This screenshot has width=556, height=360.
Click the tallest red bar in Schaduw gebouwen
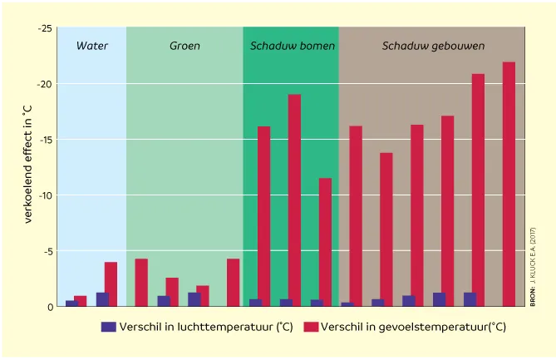[509, 184]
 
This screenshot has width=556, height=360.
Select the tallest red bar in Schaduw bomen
[294, 200]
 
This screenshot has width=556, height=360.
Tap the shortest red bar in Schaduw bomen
[325, 242]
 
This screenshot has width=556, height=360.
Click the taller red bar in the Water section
[111, 284]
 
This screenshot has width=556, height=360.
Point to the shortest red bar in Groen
[204, 296]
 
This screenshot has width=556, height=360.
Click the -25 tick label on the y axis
[45, 28]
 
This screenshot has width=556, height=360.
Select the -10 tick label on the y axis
[46, 195]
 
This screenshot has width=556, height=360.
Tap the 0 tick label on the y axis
[50, 307]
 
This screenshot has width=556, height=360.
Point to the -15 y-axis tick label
[46, 140]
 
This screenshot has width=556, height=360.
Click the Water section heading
[92, 46]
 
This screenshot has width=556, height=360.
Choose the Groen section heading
[185, 46]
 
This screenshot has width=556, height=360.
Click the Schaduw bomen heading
[293, 46]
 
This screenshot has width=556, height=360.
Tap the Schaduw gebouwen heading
[433, 46]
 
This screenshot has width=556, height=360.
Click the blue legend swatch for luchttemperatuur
[109, 327]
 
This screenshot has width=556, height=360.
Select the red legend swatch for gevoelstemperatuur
[311, 327]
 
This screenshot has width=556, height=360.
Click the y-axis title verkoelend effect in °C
[27, 165]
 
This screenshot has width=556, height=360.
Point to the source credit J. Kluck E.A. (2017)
[533, 267]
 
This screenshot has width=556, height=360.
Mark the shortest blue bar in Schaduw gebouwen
[347, 304]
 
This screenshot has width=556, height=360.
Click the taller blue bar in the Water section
[103, 299]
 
